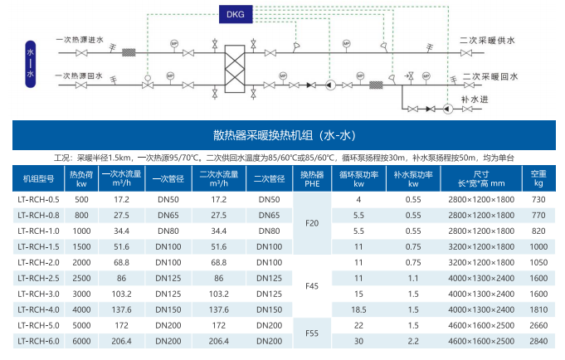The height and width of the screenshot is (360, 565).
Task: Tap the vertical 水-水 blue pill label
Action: point(32,63)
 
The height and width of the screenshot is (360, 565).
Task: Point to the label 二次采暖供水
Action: point(488,40)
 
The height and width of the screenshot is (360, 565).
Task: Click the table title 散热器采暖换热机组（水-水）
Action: point(284,135)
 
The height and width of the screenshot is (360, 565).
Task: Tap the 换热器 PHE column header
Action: point(312,178)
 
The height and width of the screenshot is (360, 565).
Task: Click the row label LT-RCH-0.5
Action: point(38,200)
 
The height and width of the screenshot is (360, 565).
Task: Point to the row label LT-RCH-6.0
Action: point(38,341)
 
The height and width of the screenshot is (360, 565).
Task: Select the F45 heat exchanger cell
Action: point(312,286)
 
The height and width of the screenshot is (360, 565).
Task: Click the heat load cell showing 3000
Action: point(81,294)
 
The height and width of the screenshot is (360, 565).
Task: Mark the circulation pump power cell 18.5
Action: point(359,309)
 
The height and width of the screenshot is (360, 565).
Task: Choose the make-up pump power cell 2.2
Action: point(413,341)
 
